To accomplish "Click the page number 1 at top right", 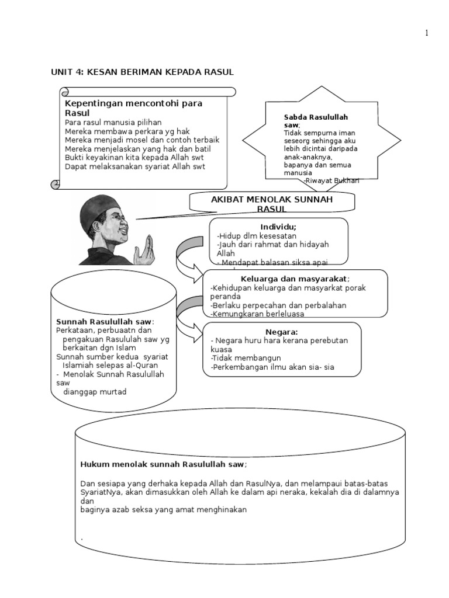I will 427,33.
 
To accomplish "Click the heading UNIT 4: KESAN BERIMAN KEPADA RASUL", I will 143,72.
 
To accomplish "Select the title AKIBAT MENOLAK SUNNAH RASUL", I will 272,204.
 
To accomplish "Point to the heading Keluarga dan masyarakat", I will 295,279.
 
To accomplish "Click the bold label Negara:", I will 286,331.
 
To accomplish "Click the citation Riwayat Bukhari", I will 331,181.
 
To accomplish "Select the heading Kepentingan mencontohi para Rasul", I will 133,107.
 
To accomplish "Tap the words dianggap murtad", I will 95,392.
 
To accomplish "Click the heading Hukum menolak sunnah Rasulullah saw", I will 163,464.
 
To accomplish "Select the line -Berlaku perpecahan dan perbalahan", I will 278,305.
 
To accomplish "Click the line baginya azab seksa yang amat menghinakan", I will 164,509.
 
